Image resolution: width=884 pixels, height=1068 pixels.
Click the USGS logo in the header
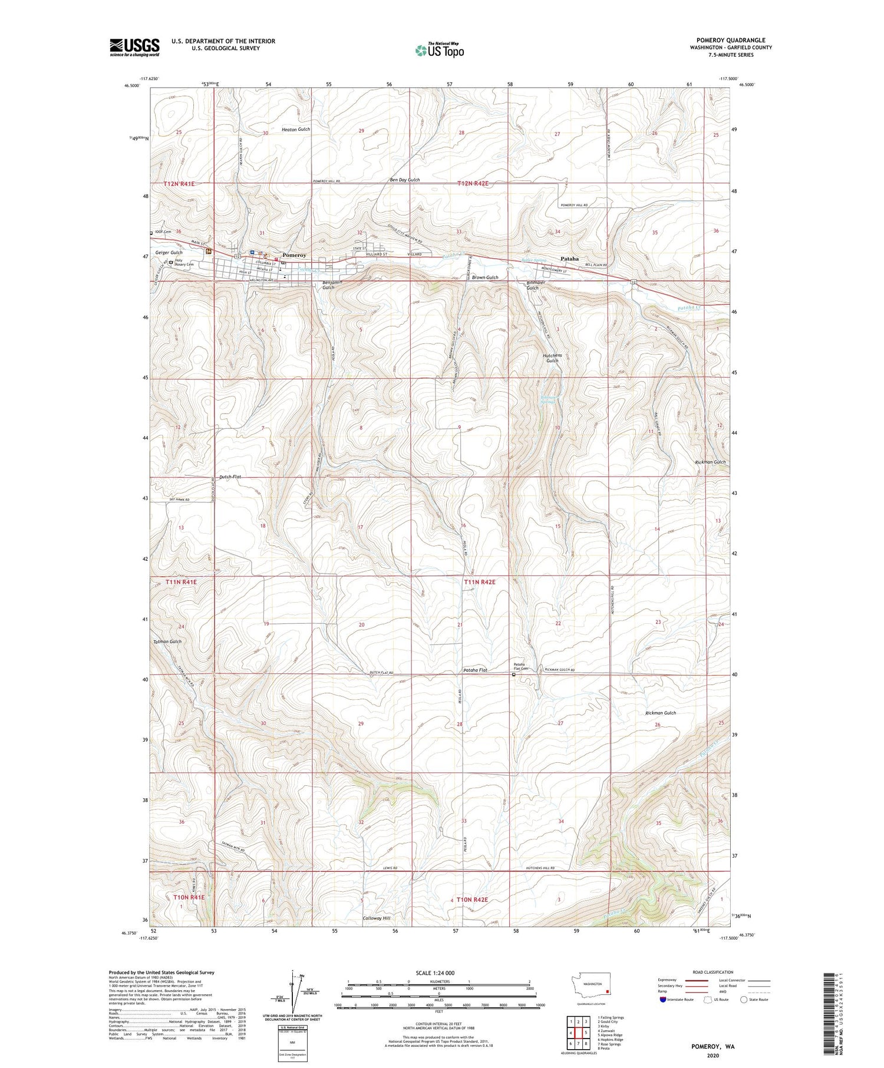[x=134, y=47]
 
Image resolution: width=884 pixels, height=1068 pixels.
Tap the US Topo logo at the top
[x=439, y=51]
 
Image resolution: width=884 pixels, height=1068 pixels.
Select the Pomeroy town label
[x=294, y=255]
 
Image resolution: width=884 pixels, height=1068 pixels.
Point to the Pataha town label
[x=569, y=259]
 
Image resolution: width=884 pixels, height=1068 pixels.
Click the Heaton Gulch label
[x=295, y=129]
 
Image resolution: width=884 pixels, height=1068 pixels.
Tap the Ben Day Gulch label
[x=404, y=180]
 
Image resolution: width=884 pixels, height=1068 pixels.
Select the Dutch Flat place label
[x=230, y=477]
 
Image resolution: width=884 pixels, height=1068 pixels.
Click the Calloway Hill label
[x=377, y=918]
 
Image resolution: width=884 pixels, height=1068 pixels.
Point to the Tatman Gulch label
[x=167, y=641]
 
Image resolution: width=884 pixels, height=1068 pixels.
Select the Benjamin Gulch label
[x=332, y=285]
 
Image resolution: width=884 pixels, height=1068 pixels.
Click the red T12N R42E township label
[x=473, y=184]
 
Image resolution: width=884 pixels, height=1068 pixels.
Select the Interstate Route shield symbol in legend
[x=662, y=1000]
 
